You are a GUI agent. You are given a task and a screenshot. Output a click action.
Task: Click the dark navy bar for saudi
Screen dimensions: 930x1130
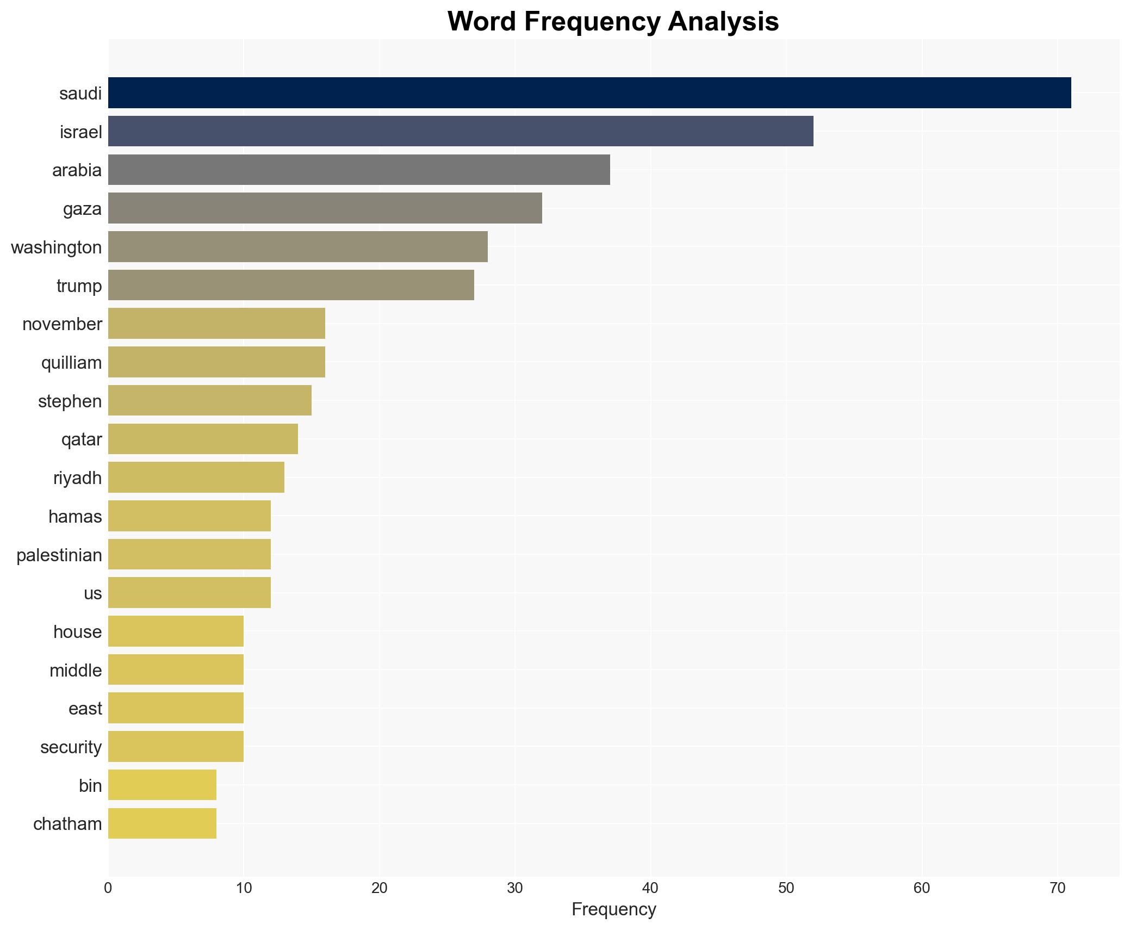pyautogui.click(x=589, y=93)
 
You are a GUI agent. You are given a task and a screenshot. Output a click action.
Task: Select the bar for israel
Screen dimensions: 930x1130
pyautogui.click(x=461, y=131)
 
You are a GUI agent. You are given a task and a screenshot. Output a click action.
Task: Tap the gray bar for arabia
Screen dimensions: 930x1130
pyautogui.click(x=359, y=170)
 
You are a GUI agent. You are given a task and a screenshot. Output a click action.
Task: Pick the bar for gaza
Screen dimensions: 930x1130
pyautogui.click(x=325, y=208)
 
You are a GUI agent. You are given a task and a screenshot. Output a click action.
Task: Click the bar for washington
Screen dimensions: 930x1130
pyautogui.click(x=298, y=247)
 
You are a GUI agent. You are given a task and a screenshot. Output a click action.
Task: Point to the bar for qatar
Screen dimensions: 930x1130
pyautogui.click(x=203, y=439)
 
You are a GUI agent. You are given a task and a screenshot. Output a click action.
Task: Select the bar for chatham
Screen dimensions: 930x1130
pyautogui.click(x=162, y=823)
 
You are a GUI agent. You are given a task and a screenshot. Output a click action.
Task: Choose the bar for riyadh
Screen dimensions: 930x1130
pyautogui.click(x=196, y=478)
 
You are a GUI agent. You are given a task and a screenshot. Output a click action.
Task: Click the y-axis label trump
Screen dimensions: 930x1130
pyautogui.click(x=79, y=286)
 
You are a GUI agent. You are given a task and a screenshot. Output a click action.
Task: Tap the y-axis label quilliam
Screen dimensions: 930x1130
pyautogui.click(x=71, y=362)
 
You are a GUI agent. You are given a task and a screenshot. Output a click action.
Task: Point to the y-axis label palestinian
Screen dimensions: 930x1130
pyautogui.click(x=59, y=555)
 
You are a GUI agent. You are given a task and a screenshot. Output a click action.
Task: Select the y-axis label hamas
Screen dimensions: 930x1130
pyautogui.click(x=75, y=516)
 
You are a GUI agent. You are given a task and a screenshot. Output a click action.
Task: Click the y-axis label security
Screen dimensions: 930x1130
pyautogui.click(x=71, y=747)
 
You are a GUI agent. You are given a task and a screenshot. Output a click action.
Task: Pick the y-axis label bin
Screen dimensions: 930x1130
pyautogui.click(x=90, y=785)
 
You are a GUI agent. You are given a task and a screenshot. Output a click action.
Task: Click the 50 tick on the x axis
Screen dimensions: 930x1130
pyautogui.click(x=786, y=888)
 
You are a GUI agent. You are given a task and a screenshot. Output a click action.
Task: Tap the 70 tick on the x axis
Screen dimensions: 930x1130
pyautogui.click(x=1057, y=888)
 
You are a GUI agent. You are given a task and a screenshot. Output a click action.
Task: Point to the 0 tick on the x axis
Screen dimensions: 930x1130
pyautogui.click(x=108, y=888)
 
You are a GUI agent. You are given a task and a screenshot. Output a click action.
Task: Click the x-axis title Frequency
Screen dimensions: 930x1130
pyautogui.click(x=613, y=909)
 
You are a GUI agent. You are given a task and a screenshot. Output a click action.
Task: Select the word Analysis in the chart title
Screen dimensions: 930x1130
pyautogui.click(x=723, y=22)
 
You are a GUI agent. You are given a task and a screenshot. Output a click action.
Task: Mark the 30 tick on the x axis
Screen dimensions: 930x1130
pyautogui.click(x=515, y=888)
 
